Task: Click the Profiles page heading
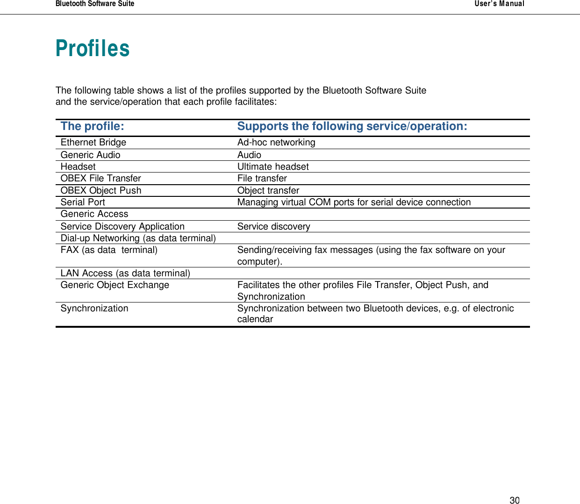(93, 49)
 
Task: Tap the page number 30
(514, 500)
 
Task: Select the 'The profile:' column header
(93, 126)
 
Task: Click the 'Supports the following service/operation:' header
(352, 126)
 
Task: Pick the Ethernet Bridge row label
(93, 143)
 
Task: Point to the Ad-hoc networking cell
(276, 143)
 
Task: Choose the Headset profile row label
(78, 167)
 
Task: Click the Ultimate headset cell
(273, 167)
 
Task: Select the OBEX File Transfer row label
(100, 179)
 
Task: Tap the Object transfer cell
(268, 191)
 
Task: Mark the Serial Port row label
(83, 202)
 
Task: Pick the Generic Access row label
(94, 214)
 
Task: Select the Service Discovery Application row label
(122, 227)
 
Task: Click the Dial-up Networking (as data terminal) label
(138, 238)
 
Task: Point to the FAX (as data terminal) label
(109, 250)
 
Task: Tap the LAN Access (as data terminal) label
(125, 274)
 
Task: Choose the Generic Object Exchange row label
(115, 285)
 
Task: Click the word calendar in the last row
(255, 319)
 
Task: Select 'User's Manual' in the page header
(499, 4)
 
